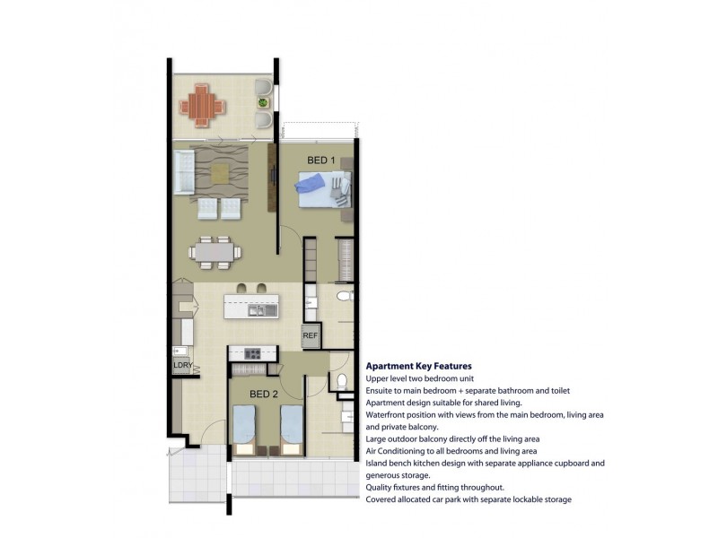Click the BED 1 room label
(321, 161)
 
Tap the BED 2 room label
(264, 394)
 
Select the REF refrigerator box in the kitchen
(310, 335)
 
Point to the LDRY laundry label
(182, 365)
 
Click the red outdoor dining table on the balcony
(202, 105)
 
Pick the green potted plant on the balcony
(262, 102)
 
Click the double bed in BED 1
(325, 189)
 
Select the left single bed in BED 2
(243, 430)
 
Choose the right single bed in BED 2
(291, 430)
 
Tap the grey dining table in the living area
(215, 252)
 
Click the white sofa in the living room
(184, 173)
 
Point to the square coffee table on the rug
(220, 173)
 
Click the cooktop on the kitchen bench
(252, 353)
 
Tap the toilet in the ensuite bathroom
(345, 296)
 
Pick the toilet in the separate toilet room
(342, 381)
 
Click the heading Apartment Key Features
(418, 366)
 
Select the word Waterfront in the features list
(385, 415)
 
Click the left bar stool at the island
(241, 288)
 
